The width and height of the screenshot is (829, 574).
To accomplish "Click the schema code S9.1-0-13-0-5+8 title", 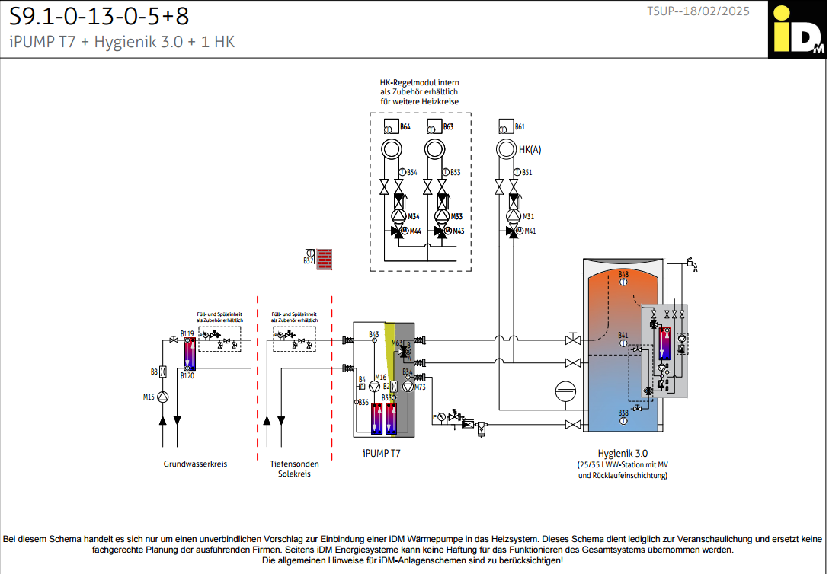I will (x=99, y=15).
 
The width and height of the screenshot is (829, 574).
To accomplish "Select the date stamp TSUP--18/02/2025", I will (x=698, y=11).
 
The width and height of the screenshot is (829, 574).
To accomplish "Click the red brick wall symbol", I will (x=326, y=259).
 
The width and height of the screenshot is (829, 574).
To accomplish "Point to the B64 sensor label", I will (x=405, y=126).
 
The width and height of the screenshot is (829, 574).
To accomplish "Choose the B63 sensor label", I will (x=449, y=126).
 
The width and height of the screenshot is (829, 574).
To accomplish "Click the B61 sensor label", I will (x=520, y=126).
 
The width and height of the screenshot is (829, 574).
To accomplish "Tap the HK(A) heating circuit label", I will (x=530, y=150).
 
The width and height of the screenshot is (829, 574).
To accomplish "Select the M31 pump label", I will (x=528, y=217).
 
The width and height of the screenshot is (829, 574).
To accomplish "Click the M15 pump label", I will (x=149, y=397).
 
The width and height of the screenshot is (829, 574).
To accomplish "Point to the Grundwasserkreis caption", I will (x=195, y=464).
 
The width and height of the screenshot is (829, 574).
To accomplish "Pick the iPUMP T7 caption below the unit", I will (x=382, y=452).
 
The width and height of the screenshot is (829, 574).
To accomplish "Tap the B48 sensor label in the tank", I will (x=623, y=274).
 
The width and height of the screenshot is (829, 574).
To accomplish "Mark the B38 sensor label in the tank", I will (x=623, y=413).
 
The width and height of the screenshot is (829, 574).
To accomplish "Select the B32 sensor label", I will (x=308, y=261).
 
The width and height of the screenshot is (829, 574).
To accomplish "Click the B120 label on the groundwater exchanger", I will (x=187, y=375).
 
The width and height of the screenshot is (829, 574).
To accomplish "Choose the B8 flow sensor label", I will (x=154, y=372).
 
